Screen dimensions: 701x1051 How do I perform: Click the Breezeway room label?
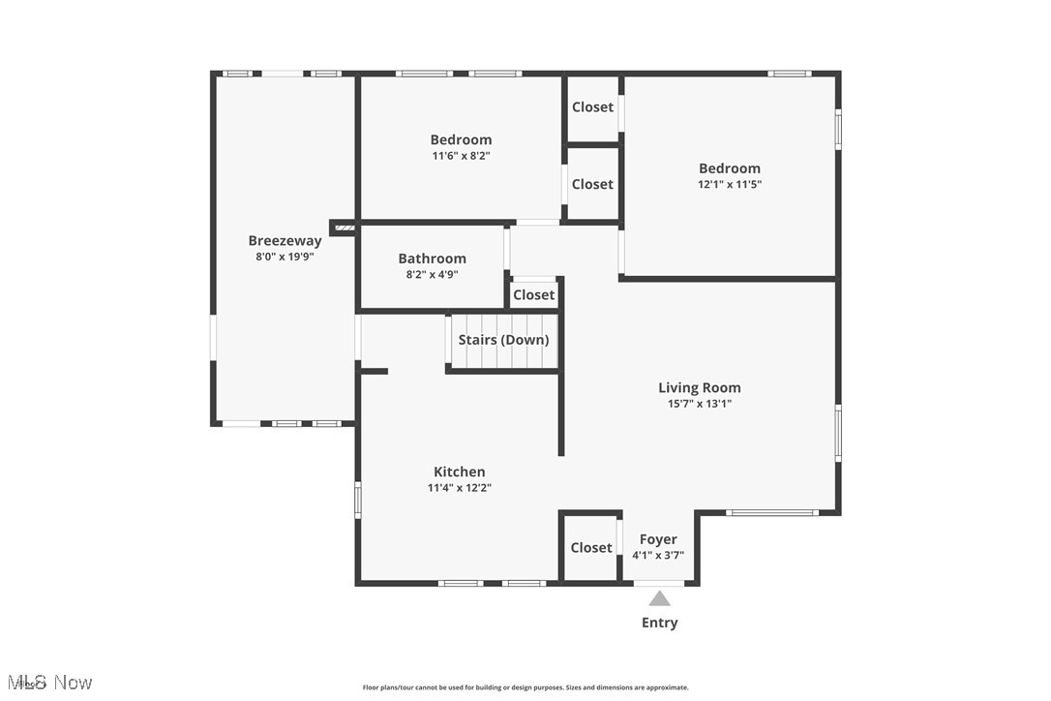coord(285,241)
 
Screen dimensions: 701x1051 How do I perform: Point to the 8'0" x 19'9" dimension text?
coord(285,258)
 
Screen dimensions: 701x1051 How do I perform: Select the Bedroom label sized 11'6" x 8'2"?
coord(461,139)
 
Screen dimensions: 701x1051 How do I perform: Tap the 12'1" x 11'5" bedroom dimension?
coord(730,184)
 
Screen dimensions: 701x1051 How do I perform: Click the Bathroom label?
coord(432,259)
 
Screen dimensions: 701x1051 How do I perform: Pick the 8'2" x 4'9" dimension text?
coord(432,275)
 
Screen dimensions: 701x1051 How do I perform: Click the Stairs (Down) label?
coord(503,340)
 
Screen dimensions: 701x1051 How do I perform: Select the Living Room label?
coord(700,387)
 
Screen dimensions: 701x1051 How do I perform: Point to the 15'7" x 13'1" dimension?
coord(700,404)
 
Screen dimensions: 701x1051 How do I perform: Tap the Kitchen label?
coord(459,472)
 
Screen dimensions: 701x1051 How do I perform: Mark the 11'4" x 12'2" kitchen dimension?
coord(459,488)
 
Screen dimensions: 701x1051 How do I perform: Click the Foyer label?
coord(658,539)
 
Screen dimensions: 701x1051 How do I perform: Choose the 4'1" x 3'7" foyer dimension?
coord(658,556)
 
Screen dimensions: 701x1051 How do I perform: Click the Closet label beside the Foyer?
coord(591,547)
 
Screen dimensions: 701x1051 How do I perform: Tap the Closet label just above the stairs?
coord(534,294)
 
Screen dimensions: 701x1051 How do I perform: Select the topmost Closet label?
coord(592,107)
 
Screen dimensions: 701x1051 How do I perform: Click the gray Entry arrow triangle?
coord(659,599)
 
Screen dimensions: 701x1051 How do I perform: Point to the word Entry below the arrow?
coord(659,623)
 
